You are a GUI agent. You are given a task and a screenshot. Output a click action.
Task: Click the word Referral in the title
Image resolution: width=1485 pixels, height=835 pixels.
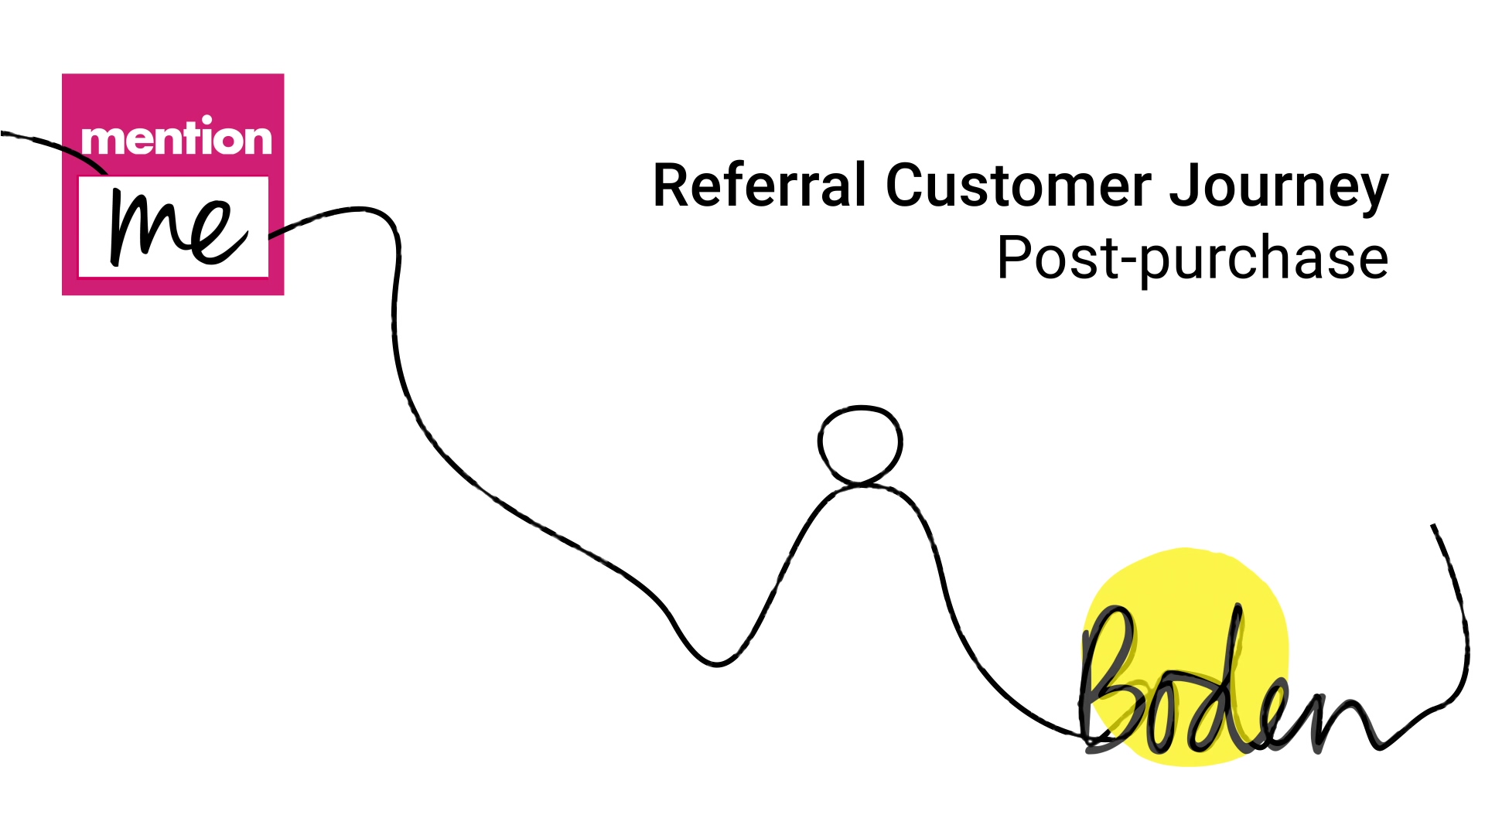[x=760, y=185]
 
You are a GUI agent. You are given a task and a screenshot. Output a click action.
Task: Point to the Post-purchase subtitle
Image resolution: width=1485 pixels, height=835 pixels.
[x=1193, y=259]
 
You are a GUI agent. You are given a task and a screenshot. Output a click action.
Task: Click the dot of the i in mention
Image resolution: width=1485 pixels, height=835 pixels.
[x=207, y=120]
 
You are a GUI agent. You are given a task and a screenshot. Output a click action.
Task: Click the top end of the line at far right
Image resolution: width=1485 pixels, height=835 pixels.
[x=1433, y=526]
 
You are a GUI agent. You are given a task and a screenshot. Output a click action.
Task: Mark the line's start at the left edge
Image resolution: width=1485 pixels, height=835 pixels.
[x=2, y=133]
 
